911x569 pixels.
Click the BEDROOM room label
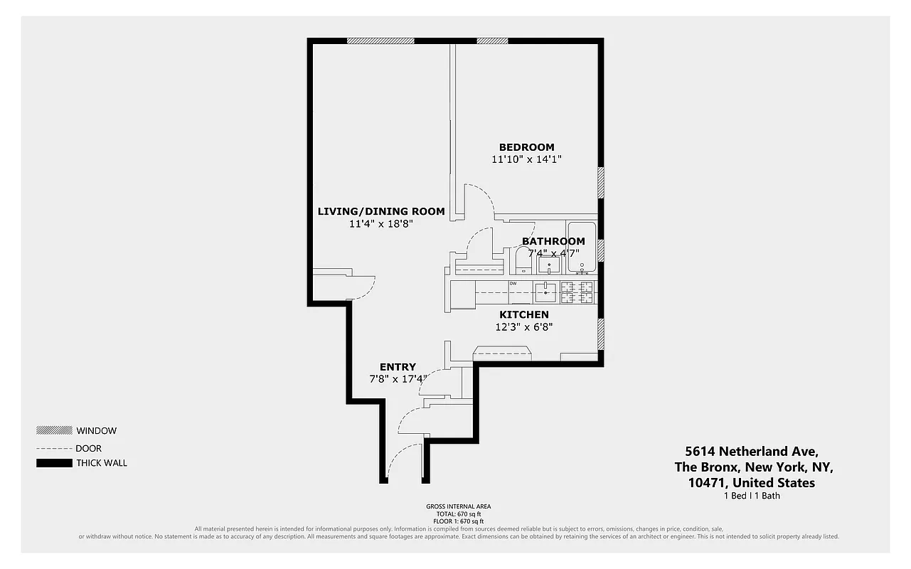526,147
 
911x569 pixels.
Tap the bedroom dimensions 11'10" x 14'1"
526,160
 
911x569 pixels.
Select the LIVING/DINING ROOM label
380,211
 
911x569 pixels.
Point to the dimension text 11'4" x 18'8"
380,224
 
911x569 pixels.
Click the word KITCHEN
524,314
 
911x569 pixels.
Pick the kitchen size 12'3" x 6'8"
524,327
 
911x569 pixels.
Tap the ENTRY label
398,367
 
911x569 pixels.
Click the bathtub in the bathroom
582,247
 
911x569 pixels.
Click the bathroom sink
548,265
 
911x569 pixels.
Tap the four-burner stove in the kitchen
577,292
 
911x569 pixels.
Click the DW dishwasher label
513,284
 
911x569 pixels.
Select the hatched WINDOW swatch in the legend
54,430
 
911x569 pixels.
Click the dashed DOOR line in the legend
54,449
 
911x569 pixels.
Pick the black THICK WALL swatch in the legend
54,464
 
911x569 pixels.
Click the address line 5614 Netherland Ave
751,452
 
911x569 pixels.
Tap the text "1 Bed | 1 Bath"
751,496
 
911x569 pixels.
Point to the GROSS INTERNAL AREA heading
458,506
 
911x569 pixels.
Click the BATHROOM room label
553,241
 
